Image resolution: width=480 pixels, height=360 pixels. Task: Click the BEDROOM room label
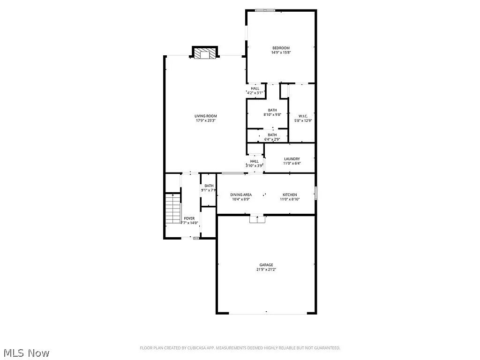point(281,48)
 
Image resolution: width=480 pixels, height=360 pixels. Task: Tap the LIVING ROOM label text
point(206,116)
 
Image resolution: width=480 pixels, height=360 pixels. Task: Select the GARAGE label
point(266,265)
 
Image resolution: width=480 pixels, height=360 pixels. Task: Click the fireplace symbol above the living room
point(204,53)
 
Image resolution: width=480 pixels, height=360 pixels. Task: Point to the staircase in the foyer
point(173,209)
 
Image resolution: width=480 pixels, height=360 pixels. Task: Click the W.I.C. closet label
point(302,116)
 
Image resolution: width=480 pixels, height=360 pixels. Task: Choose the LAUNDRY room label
point(292,159)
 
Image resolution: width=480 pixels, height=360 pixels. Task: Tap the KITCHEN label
point(289,195)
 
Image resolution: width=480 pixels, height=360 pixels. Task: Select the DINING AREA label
point(240,195)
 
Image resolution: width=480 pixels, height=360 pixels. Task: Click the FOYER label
point(189,218)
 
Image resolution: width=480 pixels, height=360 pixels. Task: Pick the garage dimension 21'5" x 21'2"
point(266,270)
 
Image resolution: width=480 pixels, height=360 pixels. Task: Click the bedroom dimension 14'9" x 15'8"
point(281,52)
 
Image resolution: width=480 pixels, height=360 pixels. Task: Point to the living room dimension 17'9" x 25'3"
point(206,120)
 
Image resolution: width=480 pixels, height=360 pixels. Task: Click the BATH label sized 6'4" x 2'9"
point(272,135)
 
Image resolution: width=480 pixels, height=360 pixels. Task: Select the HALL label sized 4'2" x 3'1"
point(255,88)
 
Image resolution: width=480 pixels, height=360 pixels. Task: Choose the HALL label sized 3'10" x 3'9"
point(254,161)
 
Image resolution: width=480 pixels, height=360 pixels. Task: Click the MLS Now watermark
point(26,352)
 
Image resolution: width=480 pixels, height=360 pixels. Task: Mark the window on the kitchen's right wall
point(316,193)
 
